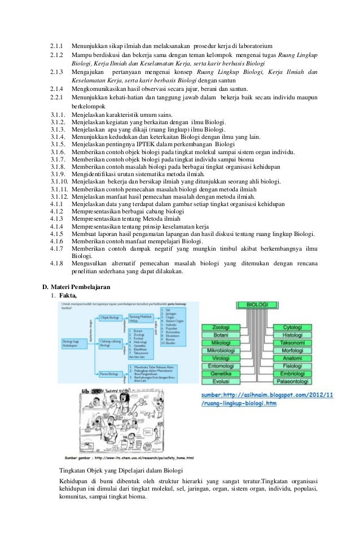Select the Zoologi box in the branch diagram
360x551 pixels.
pyautogui.click(x=225, y=327)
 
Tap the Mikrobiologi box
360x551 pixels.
pyautogui.click(x=225, y=350)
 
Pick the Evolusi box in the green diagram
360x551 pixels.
pyautogui.click(x=225, y=381)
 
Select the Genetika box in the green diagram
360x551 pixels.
pyautogui.click(x=225, y=373)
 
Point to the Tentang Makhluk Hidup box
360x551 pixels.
pyautogui.click(x=141, y=318)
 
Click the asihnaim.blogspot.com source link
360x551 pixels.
pyautogui.click(x=267, y=399)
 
